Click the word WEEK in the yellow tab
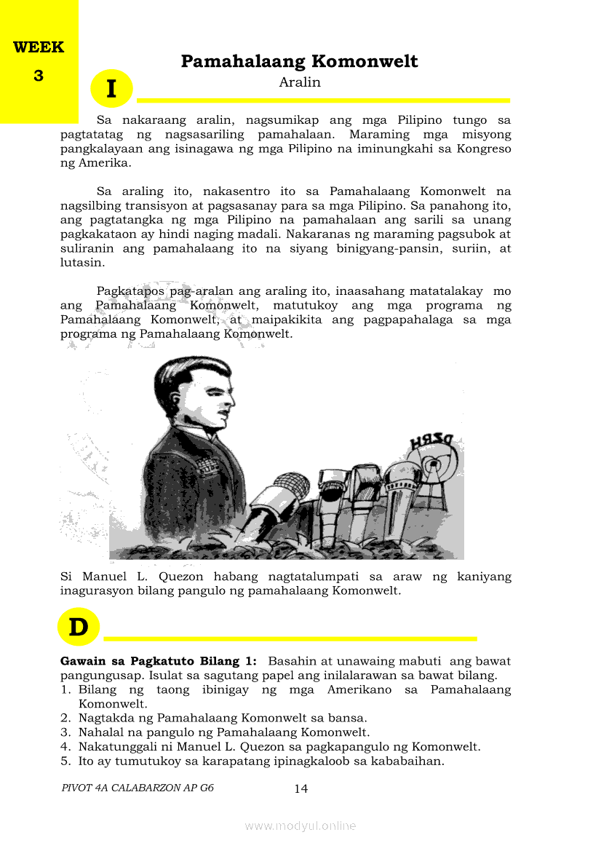click(39, 48)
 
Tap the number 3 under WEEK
click(39, 76)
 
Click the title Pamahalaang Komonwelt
click(299, 61)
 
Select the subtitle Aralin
click(300, 82)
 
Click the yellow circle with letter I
click(111, 89)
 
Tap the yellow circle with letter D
click(78, 627)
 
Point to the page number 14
click(300, 788)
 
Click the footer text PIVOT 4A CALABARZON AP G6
click(138, 788)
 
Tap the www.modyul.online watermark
click(300, 826)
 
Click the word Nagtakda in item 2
click(104, 718)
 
